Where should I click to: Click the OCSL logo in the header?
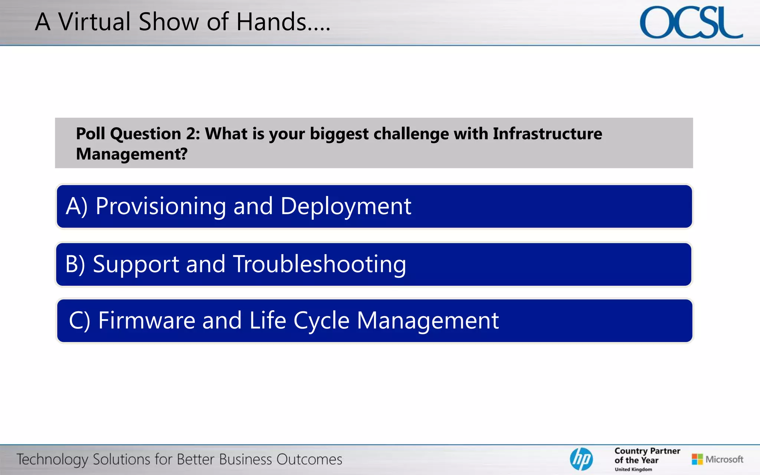(x=691, y=23)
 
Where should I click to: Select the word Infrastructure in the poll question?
(x=547, y=134)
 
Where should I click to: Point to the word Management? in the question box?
(x=132, y=154)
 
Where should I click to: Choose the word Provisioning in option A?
(x=161, y=206)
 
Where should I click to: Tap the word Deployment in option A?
(x=346, y=206)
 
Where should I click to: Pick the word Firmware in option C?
(x=147, y=320)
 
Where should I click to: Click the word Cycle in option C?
(x=321, y=320)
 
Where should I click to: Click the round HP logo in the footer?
(x=581, y=459)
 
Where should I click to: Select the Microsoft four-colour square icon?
(x=697, y=459)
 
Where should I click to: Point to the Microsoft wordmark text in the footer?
(x=724, y=459)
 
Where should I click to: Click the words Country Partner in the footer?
(x=647, y=451)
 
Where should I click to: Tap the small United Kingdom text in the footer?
(x=633, y=469)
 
